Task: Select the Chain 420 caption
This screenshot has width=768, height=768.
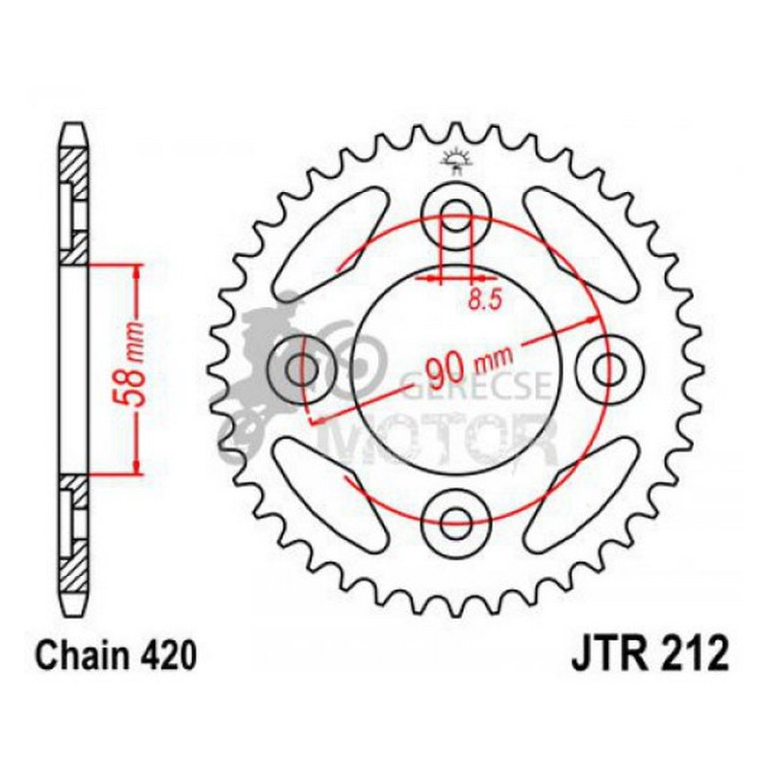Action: click(109, 655)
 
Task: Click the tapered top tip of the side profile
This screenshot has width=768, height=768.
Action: click(75, 130)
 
